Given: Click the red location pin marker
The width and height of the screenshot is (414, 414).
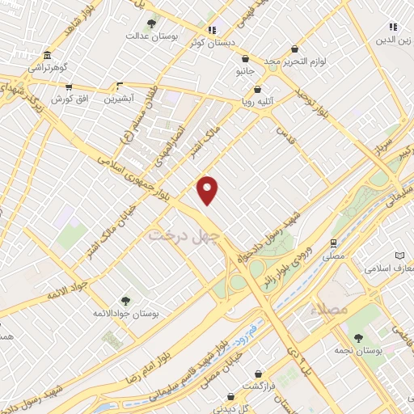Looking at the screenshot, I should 208,191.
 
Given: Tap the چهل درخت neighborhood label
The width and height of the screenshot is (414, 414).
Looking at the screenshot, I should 184,235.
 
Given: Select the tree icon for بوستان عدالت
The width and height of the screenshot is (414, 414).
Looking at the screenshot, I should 152,22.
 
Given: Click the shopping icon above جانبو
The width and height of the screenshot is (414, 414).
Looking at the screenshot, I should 244,59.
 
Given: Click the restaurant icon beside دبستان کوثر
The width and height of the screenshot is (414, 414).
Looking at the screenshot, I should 213,30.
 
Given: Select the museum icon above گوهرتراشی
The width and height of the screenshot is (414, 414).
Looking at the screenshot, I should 47,56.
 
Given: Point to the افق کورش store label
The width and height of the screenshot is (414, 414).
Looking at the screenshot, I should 69,99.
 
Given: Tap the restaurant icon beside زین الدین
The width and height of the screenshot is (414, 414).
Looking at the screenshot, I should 392,27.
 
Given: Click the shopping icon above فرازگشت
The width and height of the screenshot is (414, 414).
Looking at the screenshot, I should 257,374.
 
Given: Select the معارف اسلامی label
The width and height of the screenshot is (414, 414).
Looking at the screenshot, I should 389,268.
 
